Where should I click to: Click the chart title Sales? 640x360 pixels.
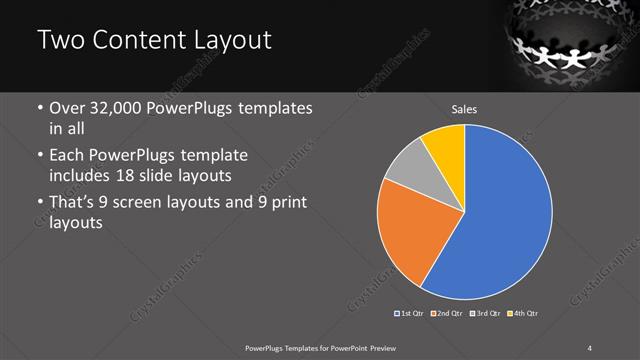point(463,108)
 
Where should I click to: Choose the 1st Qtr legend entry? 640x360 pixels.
point(409,314)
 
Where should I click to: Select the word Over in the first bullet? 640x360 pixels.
point(68,108)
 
